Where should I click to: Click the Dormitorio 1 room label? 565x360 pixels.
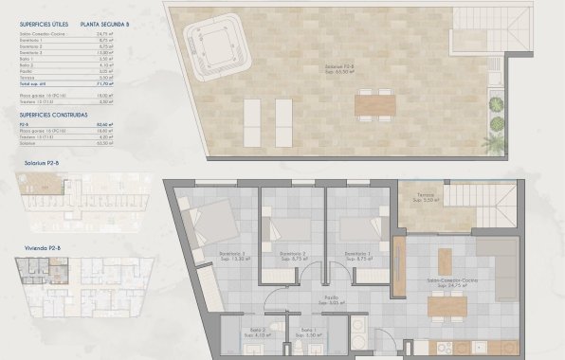pyautogui.click(x=356, y=255)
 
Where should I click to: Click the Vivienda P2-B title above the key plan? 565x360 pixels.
pyautogui.click(x=41, y=248)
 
